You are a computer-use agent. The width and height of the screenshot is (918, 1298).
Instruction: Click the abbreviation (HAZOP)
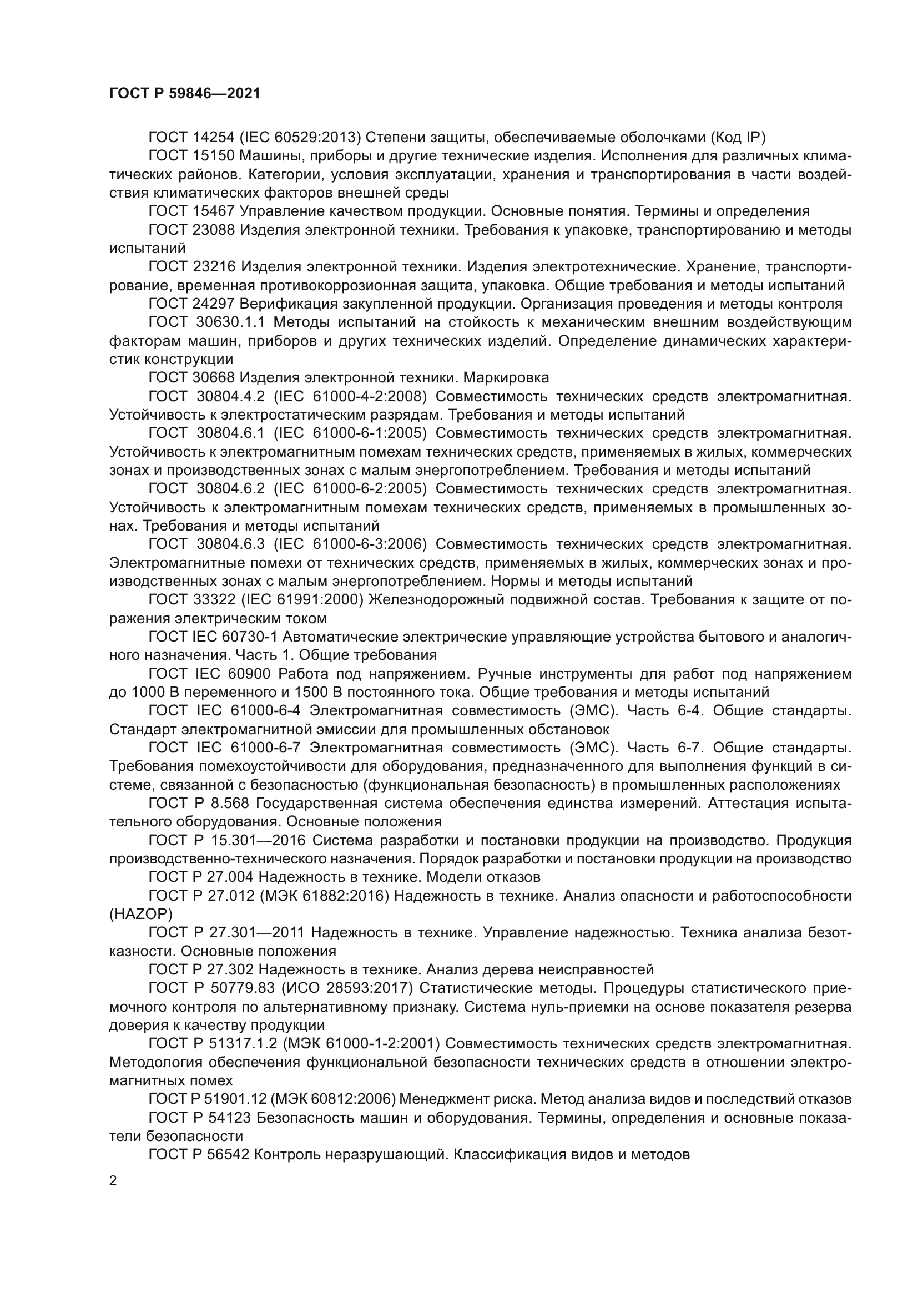141,914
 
